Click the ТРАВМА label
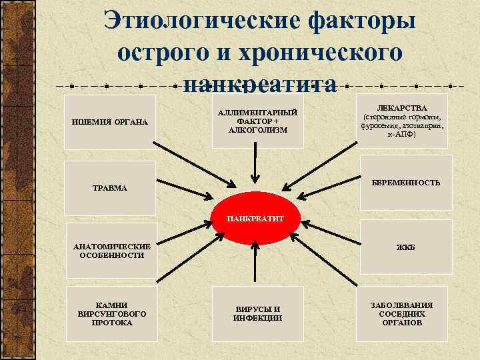110,189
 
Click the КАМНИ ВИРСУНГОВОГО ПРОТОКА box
111,313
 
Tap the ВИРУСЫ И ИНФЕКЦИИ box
257,313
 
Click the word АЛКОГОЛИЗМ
257,130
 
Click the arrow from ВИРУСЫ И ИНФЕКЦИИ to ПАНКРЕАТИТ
257,267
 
